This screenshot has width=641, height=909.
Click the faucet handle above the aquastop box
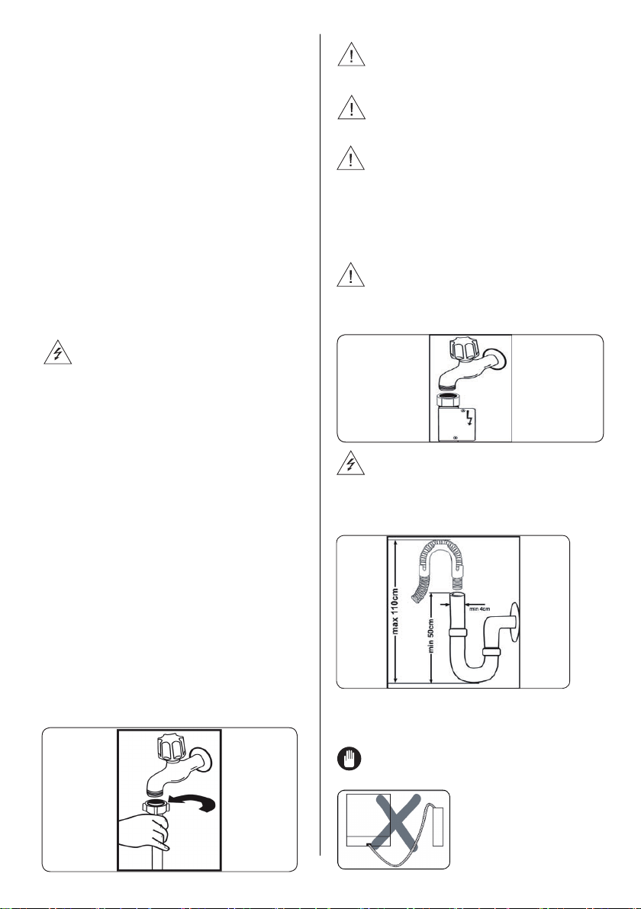[x=462, y=353]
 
